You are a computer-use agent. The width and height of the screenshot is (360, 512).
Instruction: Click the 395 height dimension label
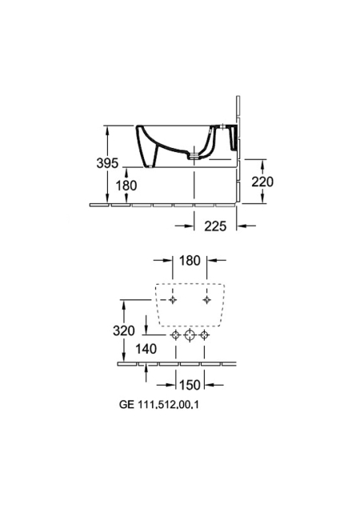click(107, 163)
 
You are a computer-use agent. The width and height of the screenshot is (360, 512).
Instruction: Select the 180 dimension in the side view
click(126, 186)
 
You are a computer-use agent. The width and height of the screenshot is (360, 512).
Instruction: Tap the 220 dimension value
click(262, 182)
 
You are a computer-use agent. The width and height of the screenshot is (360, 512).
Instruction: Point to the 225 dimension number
click(215, 226)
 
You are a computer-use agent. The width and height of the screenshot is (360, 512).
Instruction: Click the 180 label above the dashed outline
click(190, 260)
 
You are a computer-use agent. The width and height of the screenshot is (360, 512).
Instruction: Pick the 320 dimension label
click(124, 330)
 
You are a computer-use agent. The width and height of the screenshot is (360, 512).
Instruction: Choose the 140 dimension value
click(146, 349)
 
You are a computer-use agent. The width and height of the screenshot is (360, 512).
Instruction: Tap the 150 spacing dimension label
click(190, 385)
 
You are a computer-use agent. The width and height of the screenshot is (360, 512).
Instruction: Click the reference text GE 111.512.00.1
click(159, 405)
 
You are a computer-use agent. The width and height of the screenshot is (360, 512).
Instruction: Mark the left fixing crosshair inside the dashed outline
click(173, 300)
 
